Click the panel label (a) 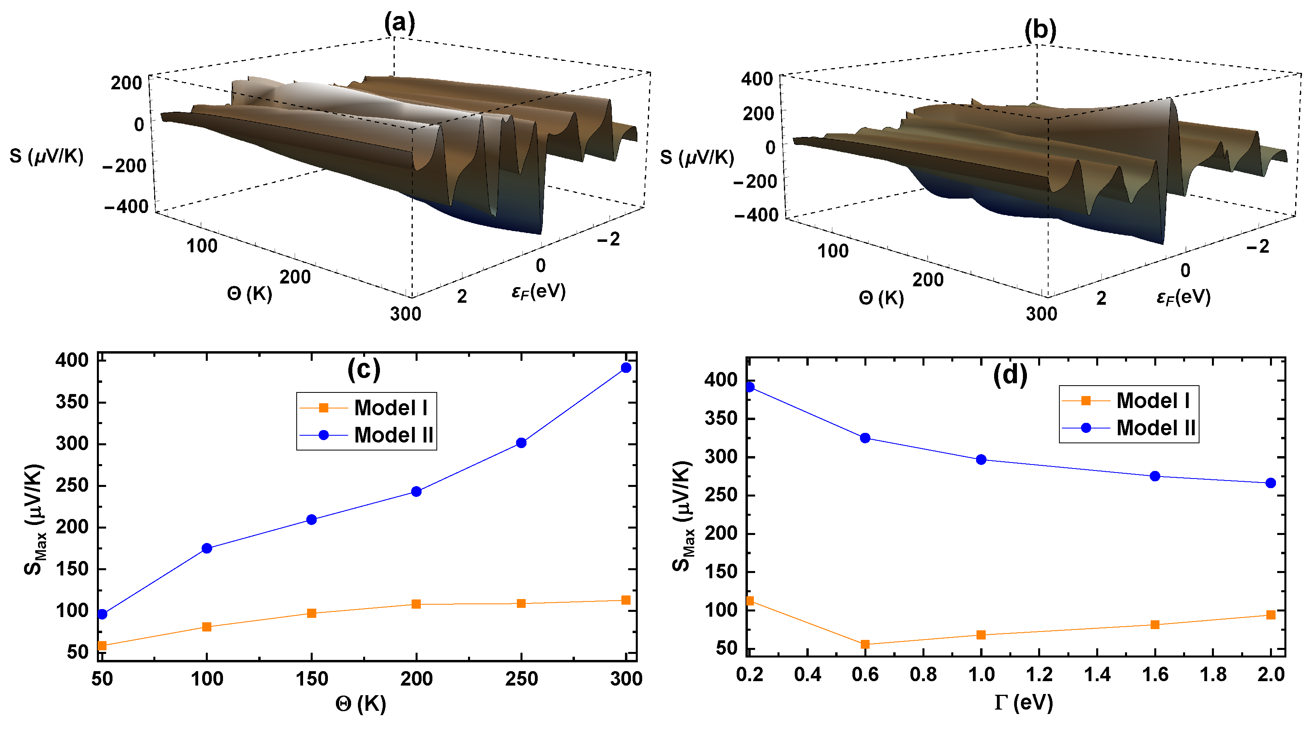[399, 23]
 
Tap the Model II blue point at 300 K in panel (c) [626, 368]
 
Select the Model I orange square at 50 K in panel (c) [102, 646]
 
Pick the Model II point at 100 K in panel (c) [207, 549]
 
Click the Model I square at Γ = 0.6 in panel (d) [865, 644]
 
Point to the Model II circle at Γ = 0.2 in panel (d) [750, 387]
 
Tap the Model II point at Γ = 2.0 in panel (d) [1271, 483]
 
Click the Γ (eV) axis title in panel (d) [1023, 703]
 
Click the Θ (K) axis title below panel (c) [361, 704]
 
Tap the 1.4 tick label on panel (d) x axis [1097, 674]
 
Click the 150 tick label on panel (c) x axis [312, 679]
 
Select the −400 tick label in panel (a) [126, 207]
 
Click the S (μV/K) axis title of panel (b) [697, 157]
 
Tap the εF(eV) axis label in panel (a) [538, 292]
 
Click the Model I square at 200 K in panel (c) [416, 604]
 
